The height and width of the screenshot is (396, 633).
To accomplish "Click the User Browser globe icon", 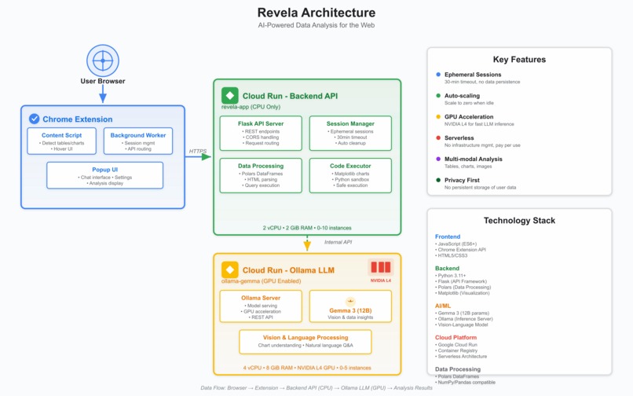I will pos(102,60).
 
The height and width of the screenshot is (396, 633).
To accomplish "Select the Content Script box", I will pos(61,141).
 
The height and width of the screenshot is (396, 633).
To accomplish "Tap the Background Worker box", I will pos(138,141).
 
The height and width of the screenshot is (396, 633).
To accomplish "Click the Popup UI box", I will pos(104,175).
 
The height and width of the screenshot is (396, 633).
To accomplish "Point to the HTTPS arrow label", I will pos(197,151).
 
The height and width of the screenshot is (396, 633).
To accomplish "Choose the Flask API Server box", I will pos(260,134).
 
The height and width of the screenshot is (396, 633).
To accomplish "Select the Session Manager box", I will pos(350,134).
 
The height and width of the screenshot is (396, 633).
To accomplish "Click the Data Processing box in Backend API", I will pos(260,176).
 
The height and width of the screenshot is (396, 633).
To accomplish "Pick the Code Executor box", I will pos(350,176).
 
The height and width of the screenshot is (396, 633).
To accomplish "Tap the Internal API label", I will pos(338,242).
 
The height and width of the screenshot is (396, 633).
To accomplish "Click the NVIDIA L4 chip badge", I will pos(381,270).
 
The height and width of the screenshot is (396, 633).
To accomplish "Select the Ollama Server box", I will pos(260,306).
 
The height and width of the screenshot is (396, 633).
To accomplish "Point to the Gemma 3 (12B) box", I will pos(350,306).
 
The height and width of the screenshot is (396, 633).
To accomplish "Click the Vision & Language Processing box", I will pos(306,341).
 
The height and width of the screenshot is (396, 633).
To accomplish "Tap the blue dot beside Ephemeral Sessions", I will pos(438,75).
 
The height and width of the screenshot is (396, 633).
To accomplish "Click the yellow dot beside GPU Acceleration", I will pos(438,117).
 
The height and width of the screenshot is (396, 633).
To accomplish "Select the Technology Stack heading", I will pos(519,221).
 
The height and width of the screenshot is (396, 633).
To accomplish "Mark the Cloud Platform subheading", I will pos(456,338).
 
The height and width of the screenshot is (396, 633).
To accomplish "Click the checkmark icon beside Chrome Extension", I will pos(34,119).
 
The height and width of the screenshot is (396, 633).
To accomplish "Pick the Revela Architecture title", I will pos(316,13).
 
